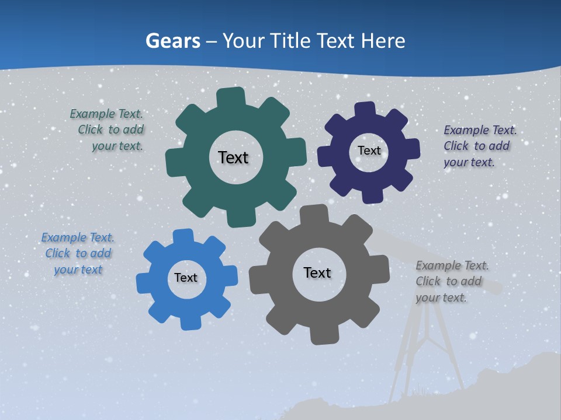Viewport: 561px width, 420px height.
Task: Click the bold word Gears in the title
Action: (172, 41)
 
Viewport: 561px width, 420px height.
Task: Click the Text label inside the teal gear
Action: (233, 157)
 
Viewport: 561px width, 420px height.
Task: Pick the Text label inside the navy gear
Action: (369, 150)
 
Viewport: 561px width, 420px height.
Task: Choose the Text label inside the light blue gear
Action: (186, 278)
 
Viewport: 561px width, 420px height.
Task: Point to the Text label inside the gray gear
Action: (317, 272)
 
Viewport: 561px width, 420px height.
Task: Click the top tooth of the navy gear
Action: (365, 109)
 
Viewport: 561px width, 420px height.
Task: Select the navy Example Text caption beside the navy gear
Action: (479, 146)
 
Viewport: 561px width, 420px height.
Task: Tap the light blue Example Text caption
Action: (78, 253)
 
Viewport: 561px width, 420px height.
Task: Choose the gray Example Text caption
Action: (451, 281)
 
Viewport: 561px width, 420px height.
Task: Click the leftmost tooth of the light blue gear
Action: (144, 283)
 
